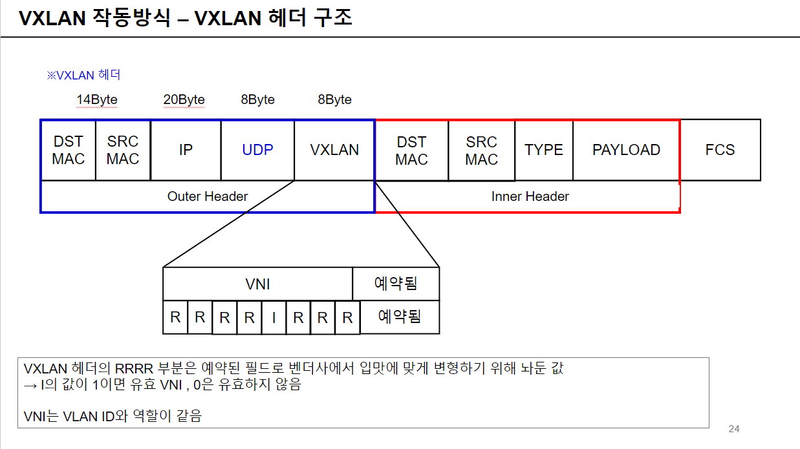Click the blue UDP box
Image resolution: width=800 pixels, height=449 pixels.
point(257,150)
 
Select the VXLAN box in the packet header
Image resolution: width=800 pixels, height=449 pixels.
point(334,150)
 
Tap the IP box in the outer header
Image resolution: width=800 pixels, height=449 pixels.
point(186,150)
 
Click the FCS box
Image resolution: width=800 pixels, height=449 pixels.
point(720,150)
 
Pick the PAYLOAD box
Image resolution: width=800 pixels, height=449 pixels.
point(626,150)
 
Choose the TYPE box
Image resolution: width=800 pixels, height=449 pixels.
point(544,150)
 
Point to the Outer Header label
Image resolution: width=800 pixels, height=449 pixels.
point(208,196)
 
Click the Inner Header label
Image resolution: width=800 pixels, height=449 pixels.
point(530,196)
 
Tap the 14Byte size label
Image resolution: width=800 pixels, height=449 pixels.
point(97,99)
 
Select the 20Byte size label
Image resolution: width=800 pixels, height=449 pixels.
point(184,99)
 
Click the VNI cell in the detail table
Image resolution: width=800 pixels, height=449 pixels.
point(257,284)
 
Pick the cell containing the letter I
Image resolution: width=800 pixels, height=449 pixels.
point(274,317)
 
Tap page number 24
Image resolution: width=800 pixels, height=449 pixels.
point(733,429)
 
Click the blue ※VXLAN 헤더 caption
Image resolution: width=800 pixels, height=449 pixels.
point(83,75)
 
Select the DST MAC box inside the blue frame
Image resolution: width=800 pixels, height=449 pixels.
point(68,150)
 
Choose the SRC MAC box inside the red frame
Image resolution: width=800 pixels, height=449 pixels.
point(481,150)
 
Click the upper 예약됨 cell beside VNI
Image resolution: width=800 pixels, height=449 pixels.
point(396,284)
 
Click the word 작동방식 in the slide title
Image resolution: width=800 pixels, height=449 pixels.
point(132,18)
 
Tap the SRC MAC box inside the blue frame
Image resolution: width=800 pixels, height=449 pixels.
point(123,150)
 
